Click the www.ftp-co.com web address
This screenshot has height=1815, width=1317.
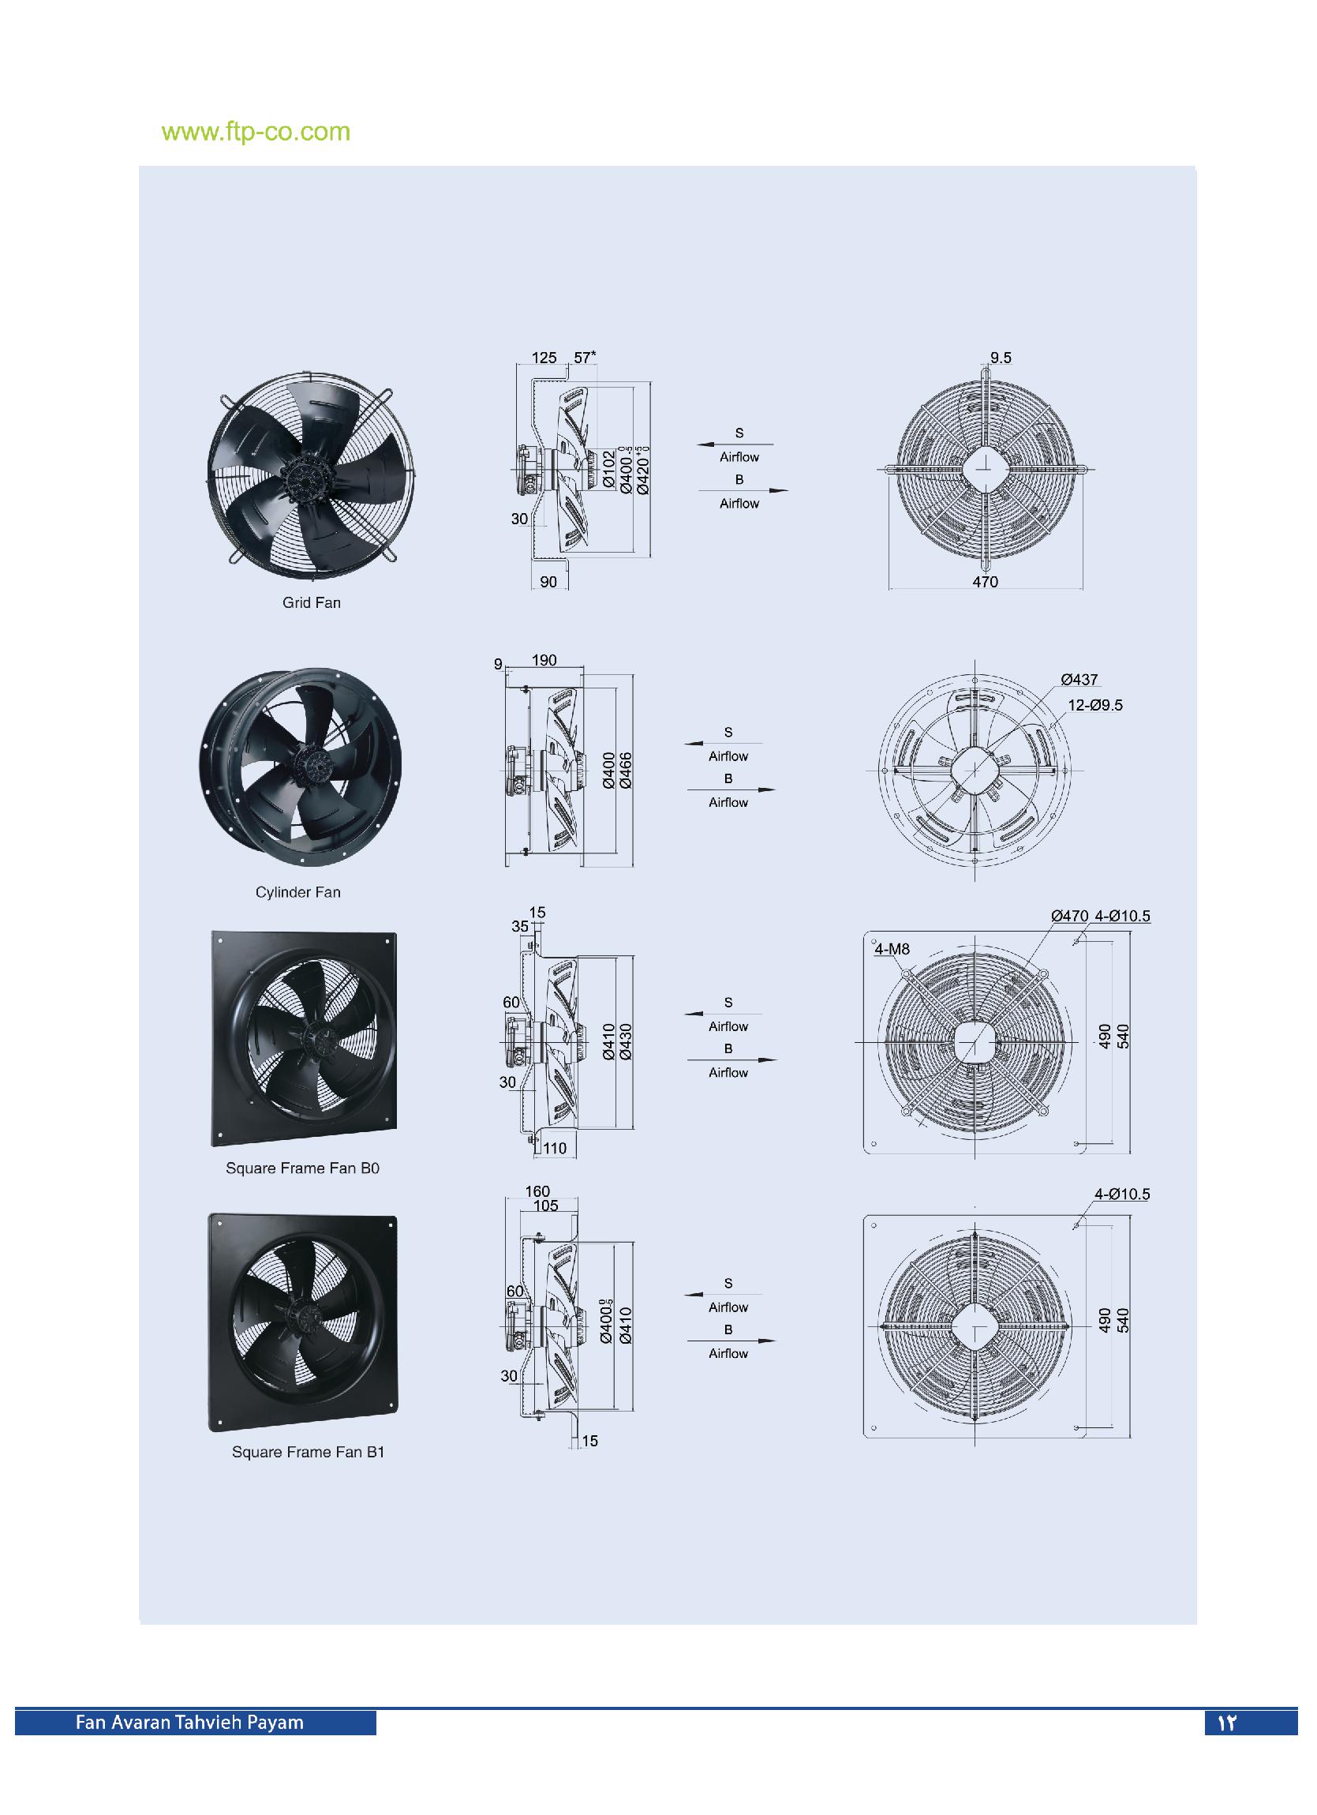tap(256, 132)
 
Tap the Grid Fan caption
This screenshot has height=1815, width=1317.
tap(311, 603)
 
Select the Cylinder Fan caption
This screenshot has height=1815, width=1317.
tap(297, 892)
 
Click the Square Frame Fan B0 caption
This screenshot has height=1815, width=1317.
tap(302, 1168)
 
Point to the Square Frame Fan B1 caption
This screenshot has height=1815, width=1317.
tap(308, 1453)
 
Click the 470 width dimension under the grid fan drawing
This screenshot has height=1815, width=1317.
tap(985, 583)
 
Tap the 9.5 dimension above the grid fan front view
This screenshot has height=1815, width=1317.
tap(1000, 358)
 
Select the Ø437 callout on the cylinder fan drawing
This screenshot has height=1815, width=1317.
tap(1079, 681)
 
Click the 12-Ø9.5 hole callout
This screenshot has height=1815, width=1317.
tap(1095, 705)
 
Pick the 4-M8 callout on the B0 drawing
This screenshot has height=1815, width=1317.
tap(892, 950)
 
